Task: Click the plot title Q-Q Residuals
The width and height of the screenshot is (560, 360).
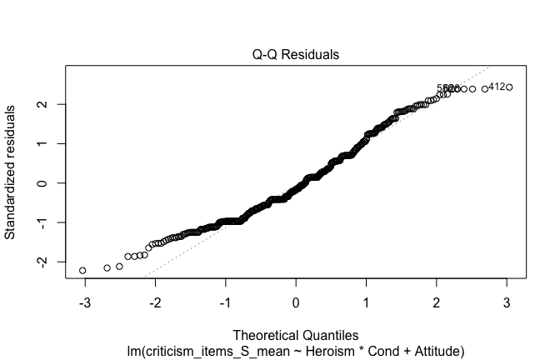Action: tap(296, 55)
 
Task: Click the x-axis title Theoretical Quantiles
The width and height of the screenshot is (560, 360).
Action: tap(296, 336)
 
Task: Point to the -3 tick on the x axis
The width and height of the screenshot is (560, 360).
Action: tap(84, 301)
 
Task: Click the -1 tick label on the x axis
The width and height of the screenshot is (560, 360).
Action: tap(225, 301)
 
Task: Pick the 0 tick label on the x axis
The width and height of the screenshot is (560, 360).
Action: tap(297, 301)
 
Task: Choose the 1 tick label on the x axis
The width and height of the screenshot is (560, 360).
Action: tap(367, 301)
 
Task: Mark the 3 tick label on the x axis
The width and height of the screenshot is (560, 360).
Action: tap(508, 301)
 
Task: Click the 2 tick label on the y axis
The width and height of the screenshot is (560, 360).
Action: tap(39, 104)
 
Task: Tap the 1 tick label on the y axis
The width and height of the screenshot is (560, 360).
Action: tap(39, 143)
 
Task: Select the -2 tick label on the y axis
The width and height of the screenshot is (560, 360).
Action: tap(39, 262)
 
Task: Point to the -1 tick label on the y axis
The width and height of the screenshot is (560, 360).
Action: tap(39, 222)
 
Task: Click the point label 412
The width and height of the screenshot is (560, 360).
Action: tap(496, 87)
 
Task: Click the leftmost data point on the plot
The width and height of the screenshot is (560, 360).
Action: tap(82, 271)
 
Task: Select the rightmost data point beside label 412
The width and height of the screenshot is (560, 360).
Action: tap(509, 87)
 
